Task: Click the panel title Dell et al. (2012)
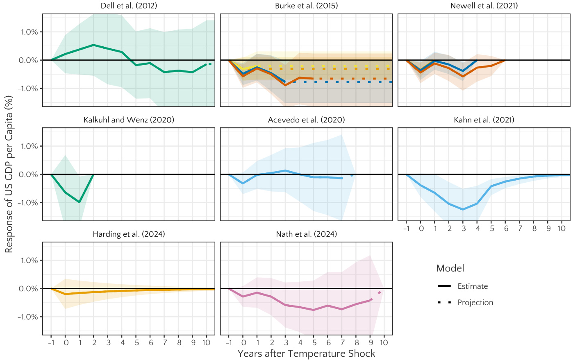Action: click(129, 6)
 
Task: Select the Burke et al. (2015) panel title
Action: click(307, 6)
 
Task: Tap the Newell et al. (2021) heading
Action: click(484, 6)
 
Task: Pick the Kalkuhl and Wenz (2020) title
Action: click(129, 120)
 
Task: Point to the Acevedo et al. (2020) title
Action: click(307, 120)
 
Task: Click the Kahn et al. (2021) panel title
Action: click(484, 120)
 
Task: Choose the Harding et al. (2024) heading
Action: click(129, 234)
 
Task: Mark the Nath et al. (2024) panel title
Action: click(307, 234)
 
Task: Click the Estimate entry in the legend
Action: click(473, 286)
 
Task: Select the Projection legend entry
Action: click(475, 303)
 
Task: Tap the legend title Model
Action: click(450, 268)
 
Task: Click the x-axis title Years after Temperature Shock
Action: click(307, 353)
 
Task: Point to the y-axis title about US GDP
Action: click(9, 174)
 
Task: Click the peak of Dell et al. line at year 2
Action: click(94, 45)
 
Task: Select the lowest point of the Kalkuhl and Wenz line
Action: click(80, 202)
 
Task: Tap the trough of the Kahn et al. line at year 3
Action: click(463, 209)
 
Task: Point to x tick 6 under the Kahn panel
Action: click(506, 229)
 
